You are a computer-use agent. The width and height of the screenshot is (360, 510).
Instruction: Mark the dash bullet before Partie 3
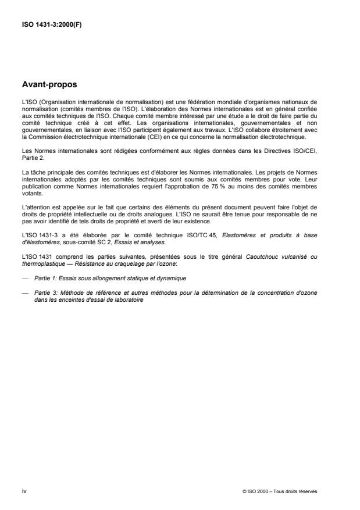(x=24, y=293)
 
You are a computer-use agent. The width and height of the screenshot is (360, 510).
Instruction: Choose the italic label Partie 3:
(x=47, y=293)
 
